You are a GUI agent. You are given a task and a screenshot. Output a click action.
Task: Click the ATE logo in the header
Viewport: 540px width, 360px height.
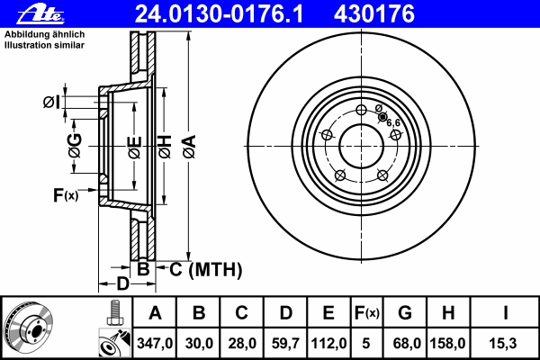coord(40,14)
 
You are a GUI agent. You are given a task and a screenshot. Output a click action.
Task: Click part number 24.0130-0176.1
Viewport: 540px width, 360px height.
coord(219,14)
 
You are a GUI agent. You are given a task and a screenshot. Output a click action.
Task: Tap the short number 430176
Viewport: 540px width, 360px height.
coord(374,14)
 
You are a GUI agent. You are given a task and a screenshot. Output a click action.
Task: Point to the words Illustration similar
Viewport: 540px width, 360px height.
coord(44,45)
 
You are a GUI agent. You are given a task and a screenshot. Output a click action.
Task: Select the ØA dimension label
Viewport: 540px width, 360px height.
coord(190,147)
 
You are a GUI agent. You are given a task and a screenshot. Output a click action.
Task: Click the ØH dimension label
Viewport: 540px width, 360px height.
coord(165,147)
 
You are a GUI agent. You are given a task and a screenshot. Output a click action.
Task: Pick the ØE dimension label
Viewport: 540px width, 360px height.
coord(135,148)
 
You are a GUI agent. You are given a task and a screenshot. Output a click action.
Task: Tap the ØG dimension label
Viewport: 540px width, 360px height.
coord(75,146)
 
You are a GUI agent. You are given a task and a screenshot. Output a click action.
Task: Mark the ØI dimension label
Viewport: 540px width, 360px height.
coord(51,103)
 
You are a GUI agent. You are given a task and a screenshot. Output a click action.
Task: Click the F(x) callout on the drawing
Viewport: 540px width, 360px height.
coord(66,195)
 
